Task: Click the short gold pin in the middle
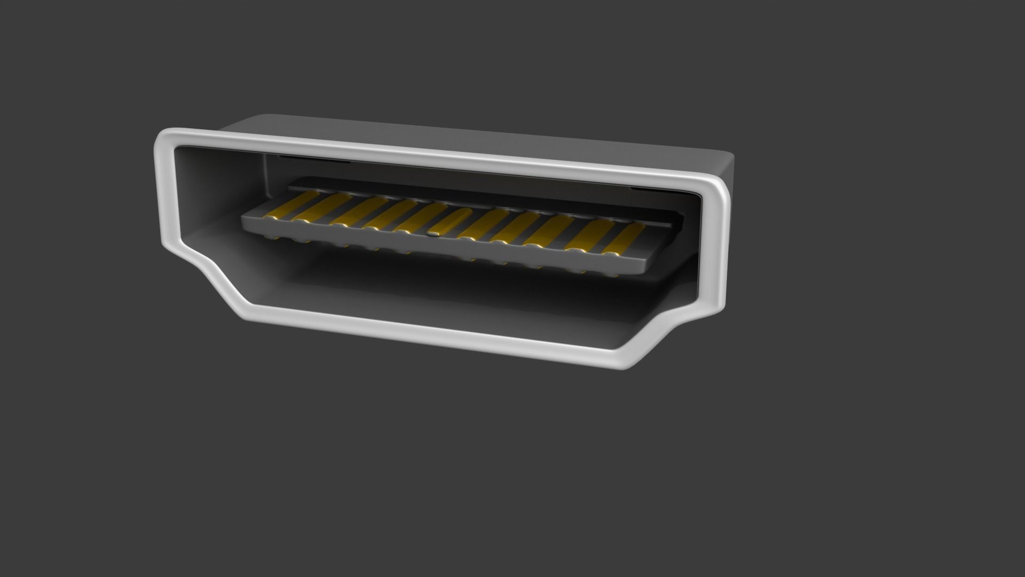tap(450, 222)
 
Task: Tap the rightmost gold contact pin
tap(625, 238)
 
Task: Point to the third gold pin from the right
tap(549, 230)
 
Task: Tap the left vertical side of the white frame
tap(165, 198)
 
